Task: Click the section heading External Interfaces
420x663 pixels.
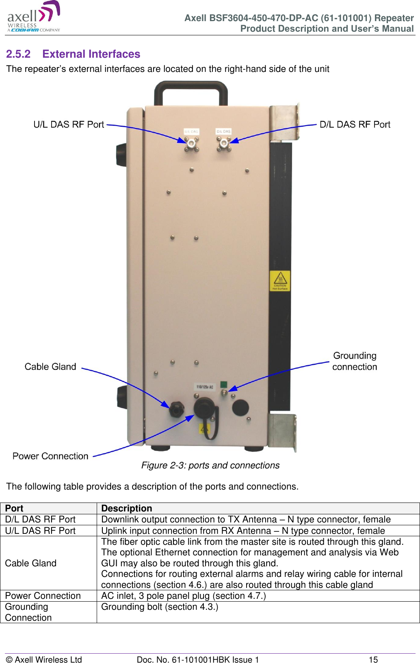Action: tap(91, 54)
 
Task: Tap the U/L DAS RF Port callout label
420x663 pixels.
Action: tap(69, 124)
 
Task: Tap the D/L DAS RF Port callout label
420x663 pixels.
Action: tap(355, 124)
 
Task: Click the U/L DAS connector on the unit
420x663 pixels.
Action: tap(191, 143)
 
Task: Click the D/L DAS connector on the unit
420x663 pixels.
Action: tap(223, 143)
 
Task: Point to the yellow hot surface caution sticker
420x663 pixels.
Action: tap(280, 281)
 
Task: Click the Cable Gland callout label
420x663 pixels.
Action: tap(50, 366)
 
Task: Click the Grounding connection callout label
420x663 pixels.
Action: tap(355, 361)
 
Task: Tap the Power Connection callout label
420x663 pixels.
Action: tap(50, 456)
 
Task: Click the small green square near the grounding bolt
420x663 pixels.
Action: tap(223, 384)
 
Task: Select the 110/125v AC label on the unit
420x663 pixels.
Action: tap(205, 387)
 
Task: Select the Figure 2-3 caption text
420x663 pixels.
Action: tap(210, 465)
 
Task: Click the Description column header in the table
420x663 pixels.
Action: tap(127, 508)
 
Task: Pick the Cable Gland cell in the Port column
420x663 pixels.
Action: tap(31, 563)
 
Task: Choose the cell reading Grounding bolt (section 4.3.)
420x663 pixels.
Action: tap(160, 607)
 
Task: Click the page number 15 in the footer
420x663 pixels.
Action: tap(373, 659)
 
